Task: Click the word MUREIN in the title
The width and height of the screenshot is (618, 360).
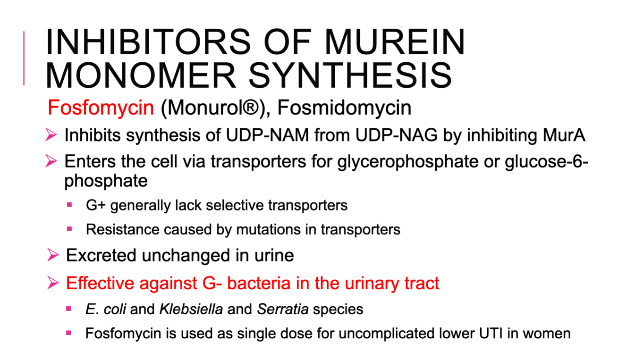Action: coord(395,42)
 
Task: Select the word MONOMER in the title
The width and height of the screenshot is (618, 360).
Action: coord(141,75)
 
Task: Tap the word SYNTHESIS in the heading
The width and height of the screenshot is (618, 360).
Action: coord(350,75)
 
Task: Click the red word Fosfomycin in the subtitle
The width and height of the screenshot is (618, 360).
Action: coord(101,108)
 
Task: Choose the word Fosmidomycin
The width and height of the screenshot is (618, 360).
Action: coord(344,108)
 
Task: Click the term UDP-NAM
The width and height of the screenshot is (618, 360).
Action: coord(267,135)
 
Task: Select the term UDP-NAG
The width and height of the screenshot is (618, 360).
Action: coord(397,135)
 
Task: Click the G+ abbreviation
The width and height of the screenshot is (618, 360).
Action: coord(96,205)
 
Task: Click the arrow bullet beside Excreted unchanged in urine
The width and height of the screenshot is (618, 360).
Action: coord(53,255)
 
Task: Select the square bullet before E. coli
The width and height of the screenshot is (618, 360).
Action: coord(69,309)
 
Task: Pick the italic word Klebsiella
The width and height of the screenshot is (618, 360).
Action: coord(191,309)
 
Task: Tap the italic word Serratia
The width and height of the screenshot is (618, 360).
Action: coord(282,309)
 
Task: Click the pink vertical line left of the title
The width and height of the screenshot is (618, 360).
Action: coord(24,58)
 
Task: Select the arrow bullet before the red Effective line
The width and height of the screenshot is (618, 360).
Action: coord(53,283)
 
